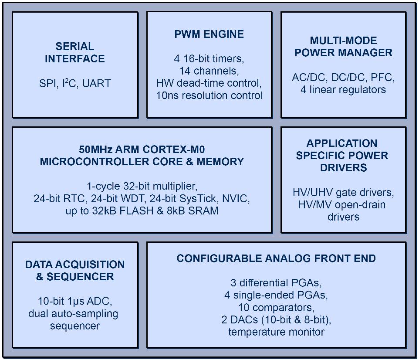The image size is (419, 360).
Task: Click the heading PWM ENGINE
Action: tap(209, 34)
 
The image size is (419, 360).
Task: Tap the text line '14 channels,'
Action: tap(209, 71)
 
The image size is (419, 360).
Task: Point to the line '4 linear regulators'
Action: tap(343, 90)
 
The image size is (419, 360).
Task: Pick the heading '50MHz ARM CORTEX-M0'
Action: tap(142, 149)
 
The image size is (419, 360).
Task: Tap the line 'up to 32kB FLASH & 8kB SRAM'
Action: tap(142, 211)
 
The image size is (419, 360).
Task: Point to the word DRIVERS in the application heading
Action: tap(343, 168)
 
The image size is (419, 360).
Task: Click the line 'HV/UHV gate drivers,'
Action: tap(343, 192)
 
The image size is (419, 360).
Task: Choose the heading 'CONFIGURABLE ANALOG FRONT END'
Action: tap(276, 258)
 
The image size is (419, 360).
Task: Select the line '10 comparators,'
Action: tap(276, 307)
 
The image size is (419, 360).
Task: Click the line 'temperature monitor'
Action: tap(276, 332)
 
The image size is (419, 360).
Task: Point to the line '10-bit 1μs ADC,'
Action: tap(75, 301)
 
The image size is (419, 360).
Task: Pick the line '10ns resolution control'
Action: tap(209, 95)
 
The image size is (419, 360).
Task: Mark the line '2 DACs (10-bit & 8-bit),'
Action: tap(276, 319)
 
